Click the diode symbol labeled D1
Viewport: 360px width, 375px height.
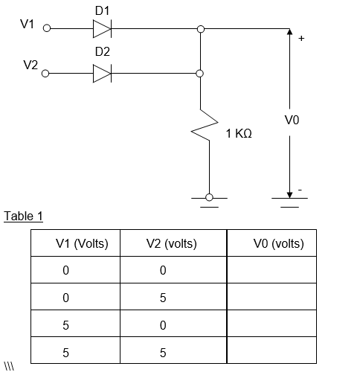(x=102, y=29)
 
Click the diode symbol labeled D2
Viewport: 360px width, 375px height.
(x=102, y=74)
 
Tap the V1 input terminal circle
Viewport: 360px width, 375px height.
(x=47, y=29)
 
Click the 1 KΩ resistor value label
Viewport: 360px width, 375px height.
(x=239, y=133)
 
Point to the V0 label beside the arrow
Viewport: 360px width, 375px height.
(x=292, y=120)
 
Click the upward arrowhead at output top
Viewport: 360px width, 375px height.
(x=289, y=32)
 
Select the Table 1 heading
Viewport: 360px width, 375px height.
(x=24, y=217)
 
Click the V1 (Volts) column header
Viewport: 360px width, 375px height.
(x=82, y=243)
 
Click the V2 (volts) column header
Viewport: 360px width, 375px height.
(x=171, y=243)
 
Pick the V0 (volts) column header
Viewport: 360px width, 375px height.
(x=278, y=243)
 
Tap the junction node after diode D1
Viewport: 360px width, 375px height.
(x=200, y=29)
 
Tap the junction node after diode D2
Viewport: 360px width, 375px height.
(x=200, y=74)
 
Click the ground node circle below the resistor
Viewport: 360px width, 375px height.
(x=209, y=197)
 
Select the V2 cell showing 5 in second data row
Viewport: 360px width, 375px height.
(x=163, y=298)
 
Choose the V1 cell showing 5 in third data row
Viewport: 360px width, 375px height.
(x=65, y=325)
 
